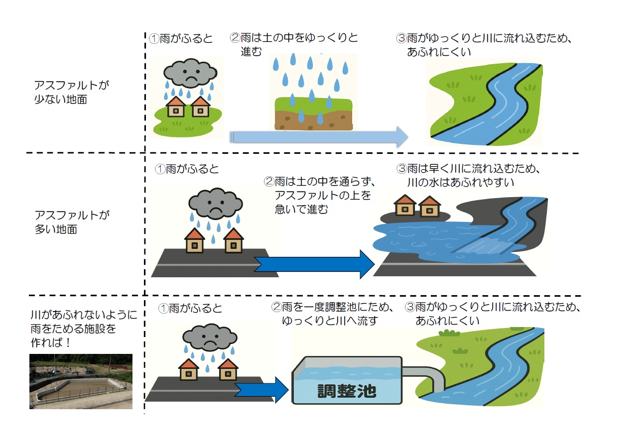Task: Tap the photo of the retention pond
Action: (81, 381)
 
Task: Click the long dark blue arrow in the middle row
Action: (314, 263)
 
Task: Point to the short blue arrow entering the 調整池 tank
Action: (261, 390)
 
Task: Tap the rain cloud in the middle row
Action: (215, 204)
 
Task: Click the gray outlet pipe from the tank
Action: (428, 377)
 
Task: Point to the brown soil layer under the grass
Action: (314, 120)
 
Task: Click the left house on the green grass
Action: (175, 107)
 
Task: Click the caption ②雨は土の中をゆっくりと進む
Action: (294, 44)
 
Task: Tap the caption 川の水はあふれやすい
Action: (460, 183)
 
